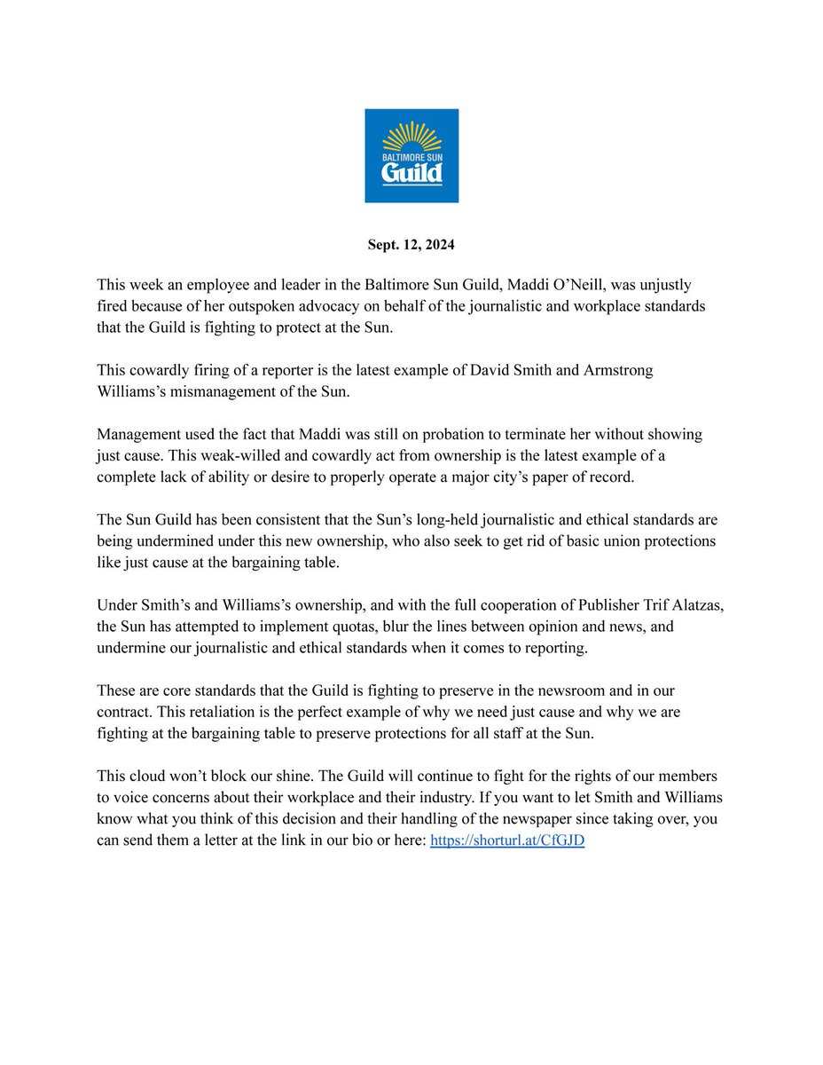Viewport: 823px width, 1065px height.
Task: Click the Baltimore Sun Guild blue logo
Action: pyautogui.click(x=411, y=155)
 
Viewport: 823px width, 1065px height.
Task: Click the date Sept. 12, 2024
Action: pyautogui.click(x=411, y=244)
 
